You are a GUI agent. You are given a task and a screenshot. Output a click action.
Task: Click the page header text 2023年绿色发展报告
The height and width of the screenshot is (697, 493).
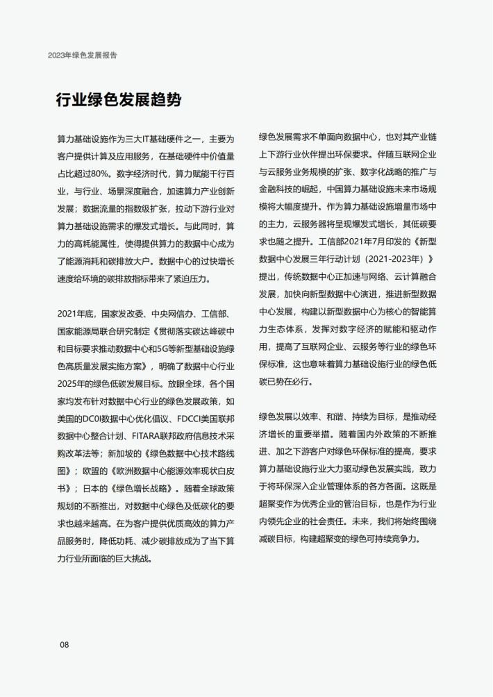(x=87, y=54)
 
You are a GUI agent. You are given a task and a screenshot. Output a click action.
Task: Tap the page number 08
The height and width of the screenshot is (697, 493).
(x=65, y=645)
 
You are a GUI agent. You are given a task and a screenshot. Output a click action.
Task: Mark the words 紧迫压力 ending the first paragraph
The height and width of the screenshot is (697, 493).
(x=186, y=279)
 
